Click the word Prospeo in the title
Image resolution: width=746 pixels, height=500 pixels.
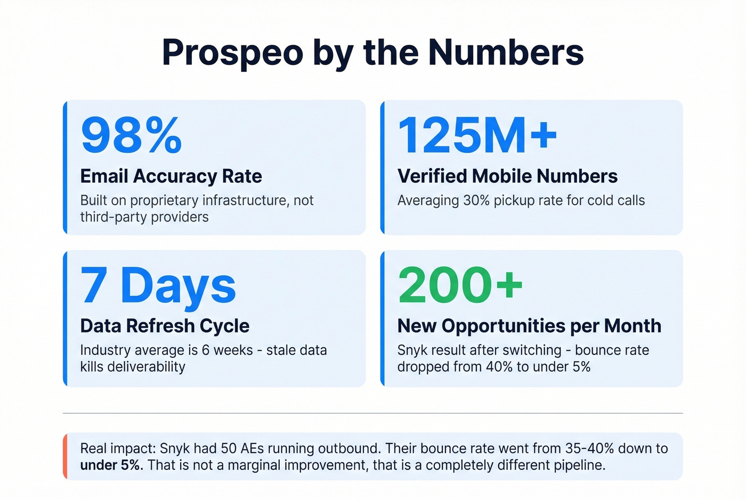coord(232,52)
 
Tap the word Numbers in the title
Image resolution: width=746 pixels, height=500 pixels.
coord(506,52)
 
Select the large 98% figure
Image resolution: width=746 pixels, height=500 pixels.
coord(131,135)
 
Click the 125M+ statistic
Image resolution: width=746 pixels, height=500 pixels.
coord(477,135)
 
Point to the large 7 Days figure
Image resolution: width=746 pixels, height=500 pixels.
coord(158,285)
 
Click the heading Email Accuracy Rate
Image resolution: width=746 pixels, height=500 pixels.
coord(171,176)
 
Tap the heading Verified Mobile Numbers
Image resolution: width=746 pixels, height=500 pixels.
coord(507,176)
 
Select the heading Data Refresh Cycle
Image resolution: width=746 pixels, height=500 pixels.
coord(165,326)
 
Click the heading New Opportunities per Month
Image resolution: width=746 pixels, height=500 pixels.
coord(529,326)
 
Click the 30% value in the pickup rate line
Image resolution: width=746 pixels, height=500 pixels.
coord(476,201)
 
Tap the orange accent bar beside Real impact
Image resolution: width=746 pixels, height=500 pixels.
coord(65,456)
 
